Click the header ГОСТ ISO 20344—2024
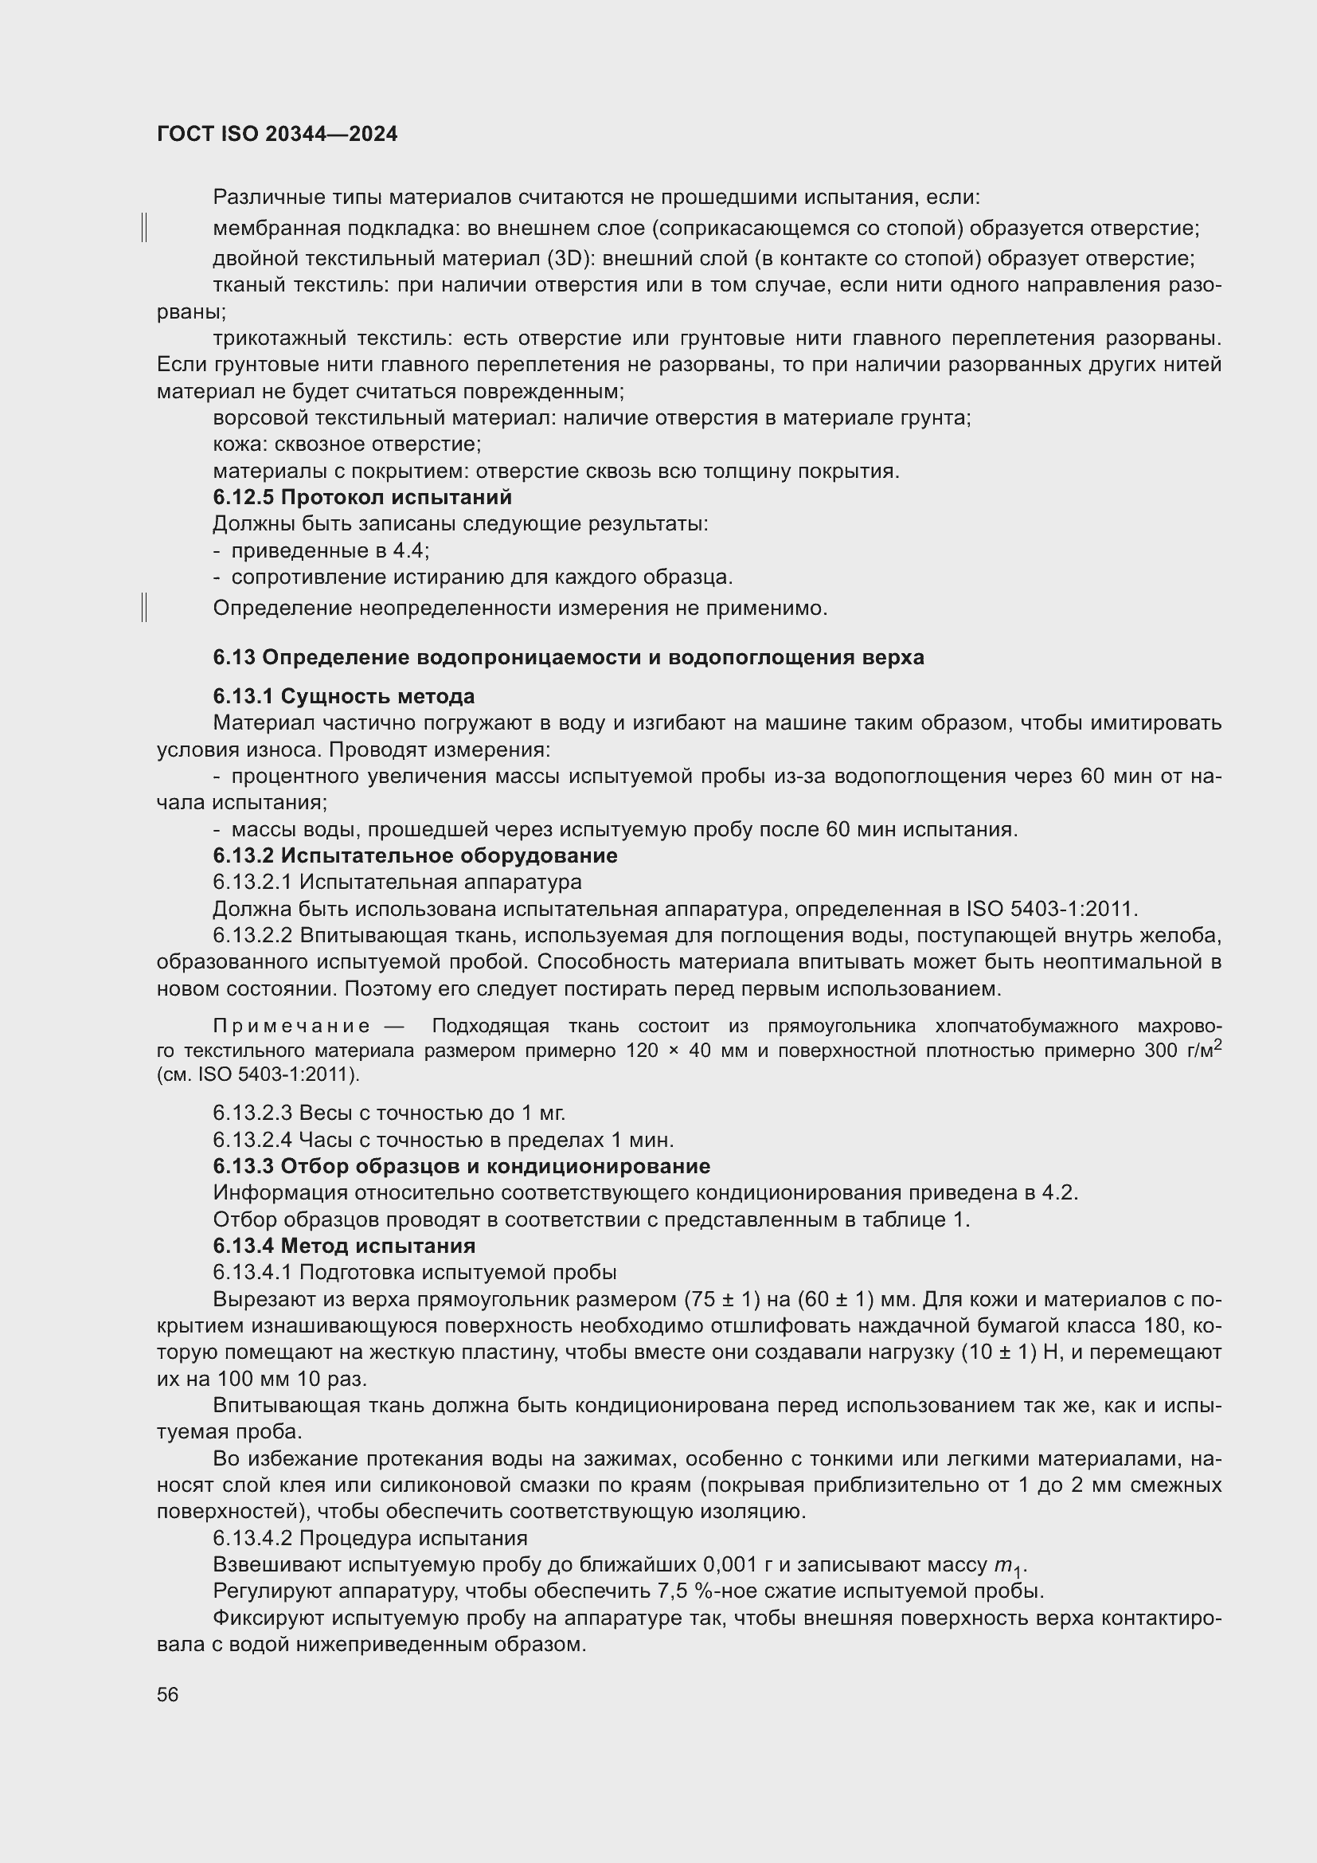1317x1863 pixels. (276, 135)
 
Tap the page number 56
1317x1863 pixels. (168, 1695)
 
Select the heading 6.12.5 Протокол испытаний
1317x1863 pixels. (361, 496)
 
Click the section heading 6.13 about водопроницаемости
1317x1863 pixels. (568, 657)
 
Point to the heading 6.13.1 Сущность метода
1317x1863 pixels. (344, 696)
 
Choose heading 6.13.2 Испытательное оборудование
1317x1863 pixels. (414, 855)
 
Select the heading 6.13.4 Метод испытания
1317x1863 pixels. (344, 1246)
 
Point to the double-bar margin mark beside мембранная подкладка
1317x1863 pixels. (144, 228)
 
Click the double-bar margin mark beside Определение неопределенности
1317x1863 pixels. (144, 607)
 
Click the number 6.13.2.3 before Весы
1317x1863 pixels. (252, 1113)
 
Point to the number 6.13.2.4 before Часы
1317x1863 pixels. (252, 1140)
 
